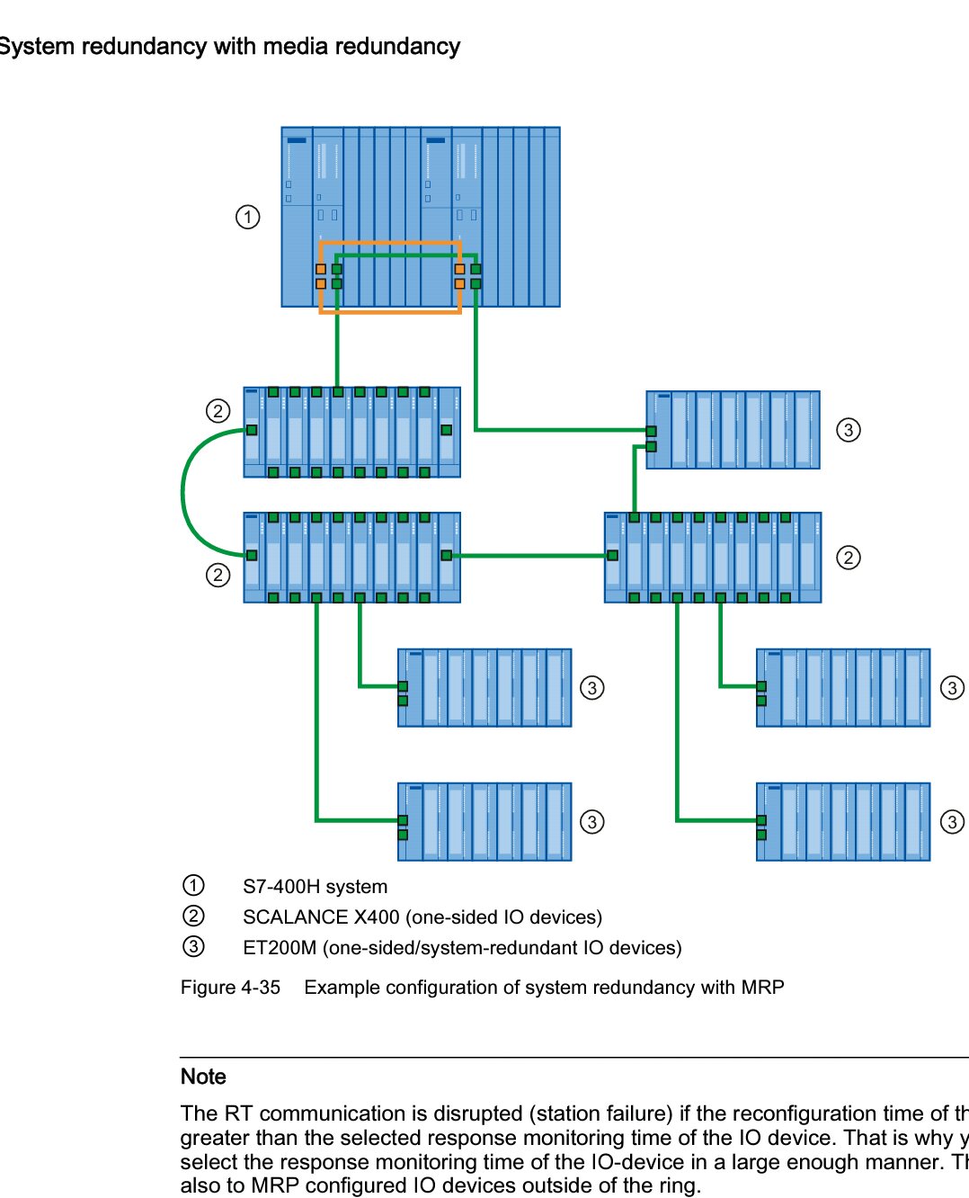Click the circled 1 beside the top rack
(x=248, y=217)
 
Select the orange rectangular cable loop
(x=390, y=311)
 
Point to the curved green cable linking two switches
(x=184, y=492)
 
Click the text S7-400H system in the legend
(x=315, y=887)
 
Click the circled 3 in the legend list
(x=193, y=946)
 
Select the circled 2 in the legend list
(x=193, y=916)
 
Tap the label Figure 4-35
(x=230, y=988)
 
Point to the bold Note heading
(x=203, y=1077)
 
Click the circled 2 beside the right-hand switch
(x=848, y=558)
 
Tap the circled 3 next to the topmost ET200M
(x=848, y=430)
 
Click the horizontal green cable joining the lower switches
(x=530, y=556)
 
